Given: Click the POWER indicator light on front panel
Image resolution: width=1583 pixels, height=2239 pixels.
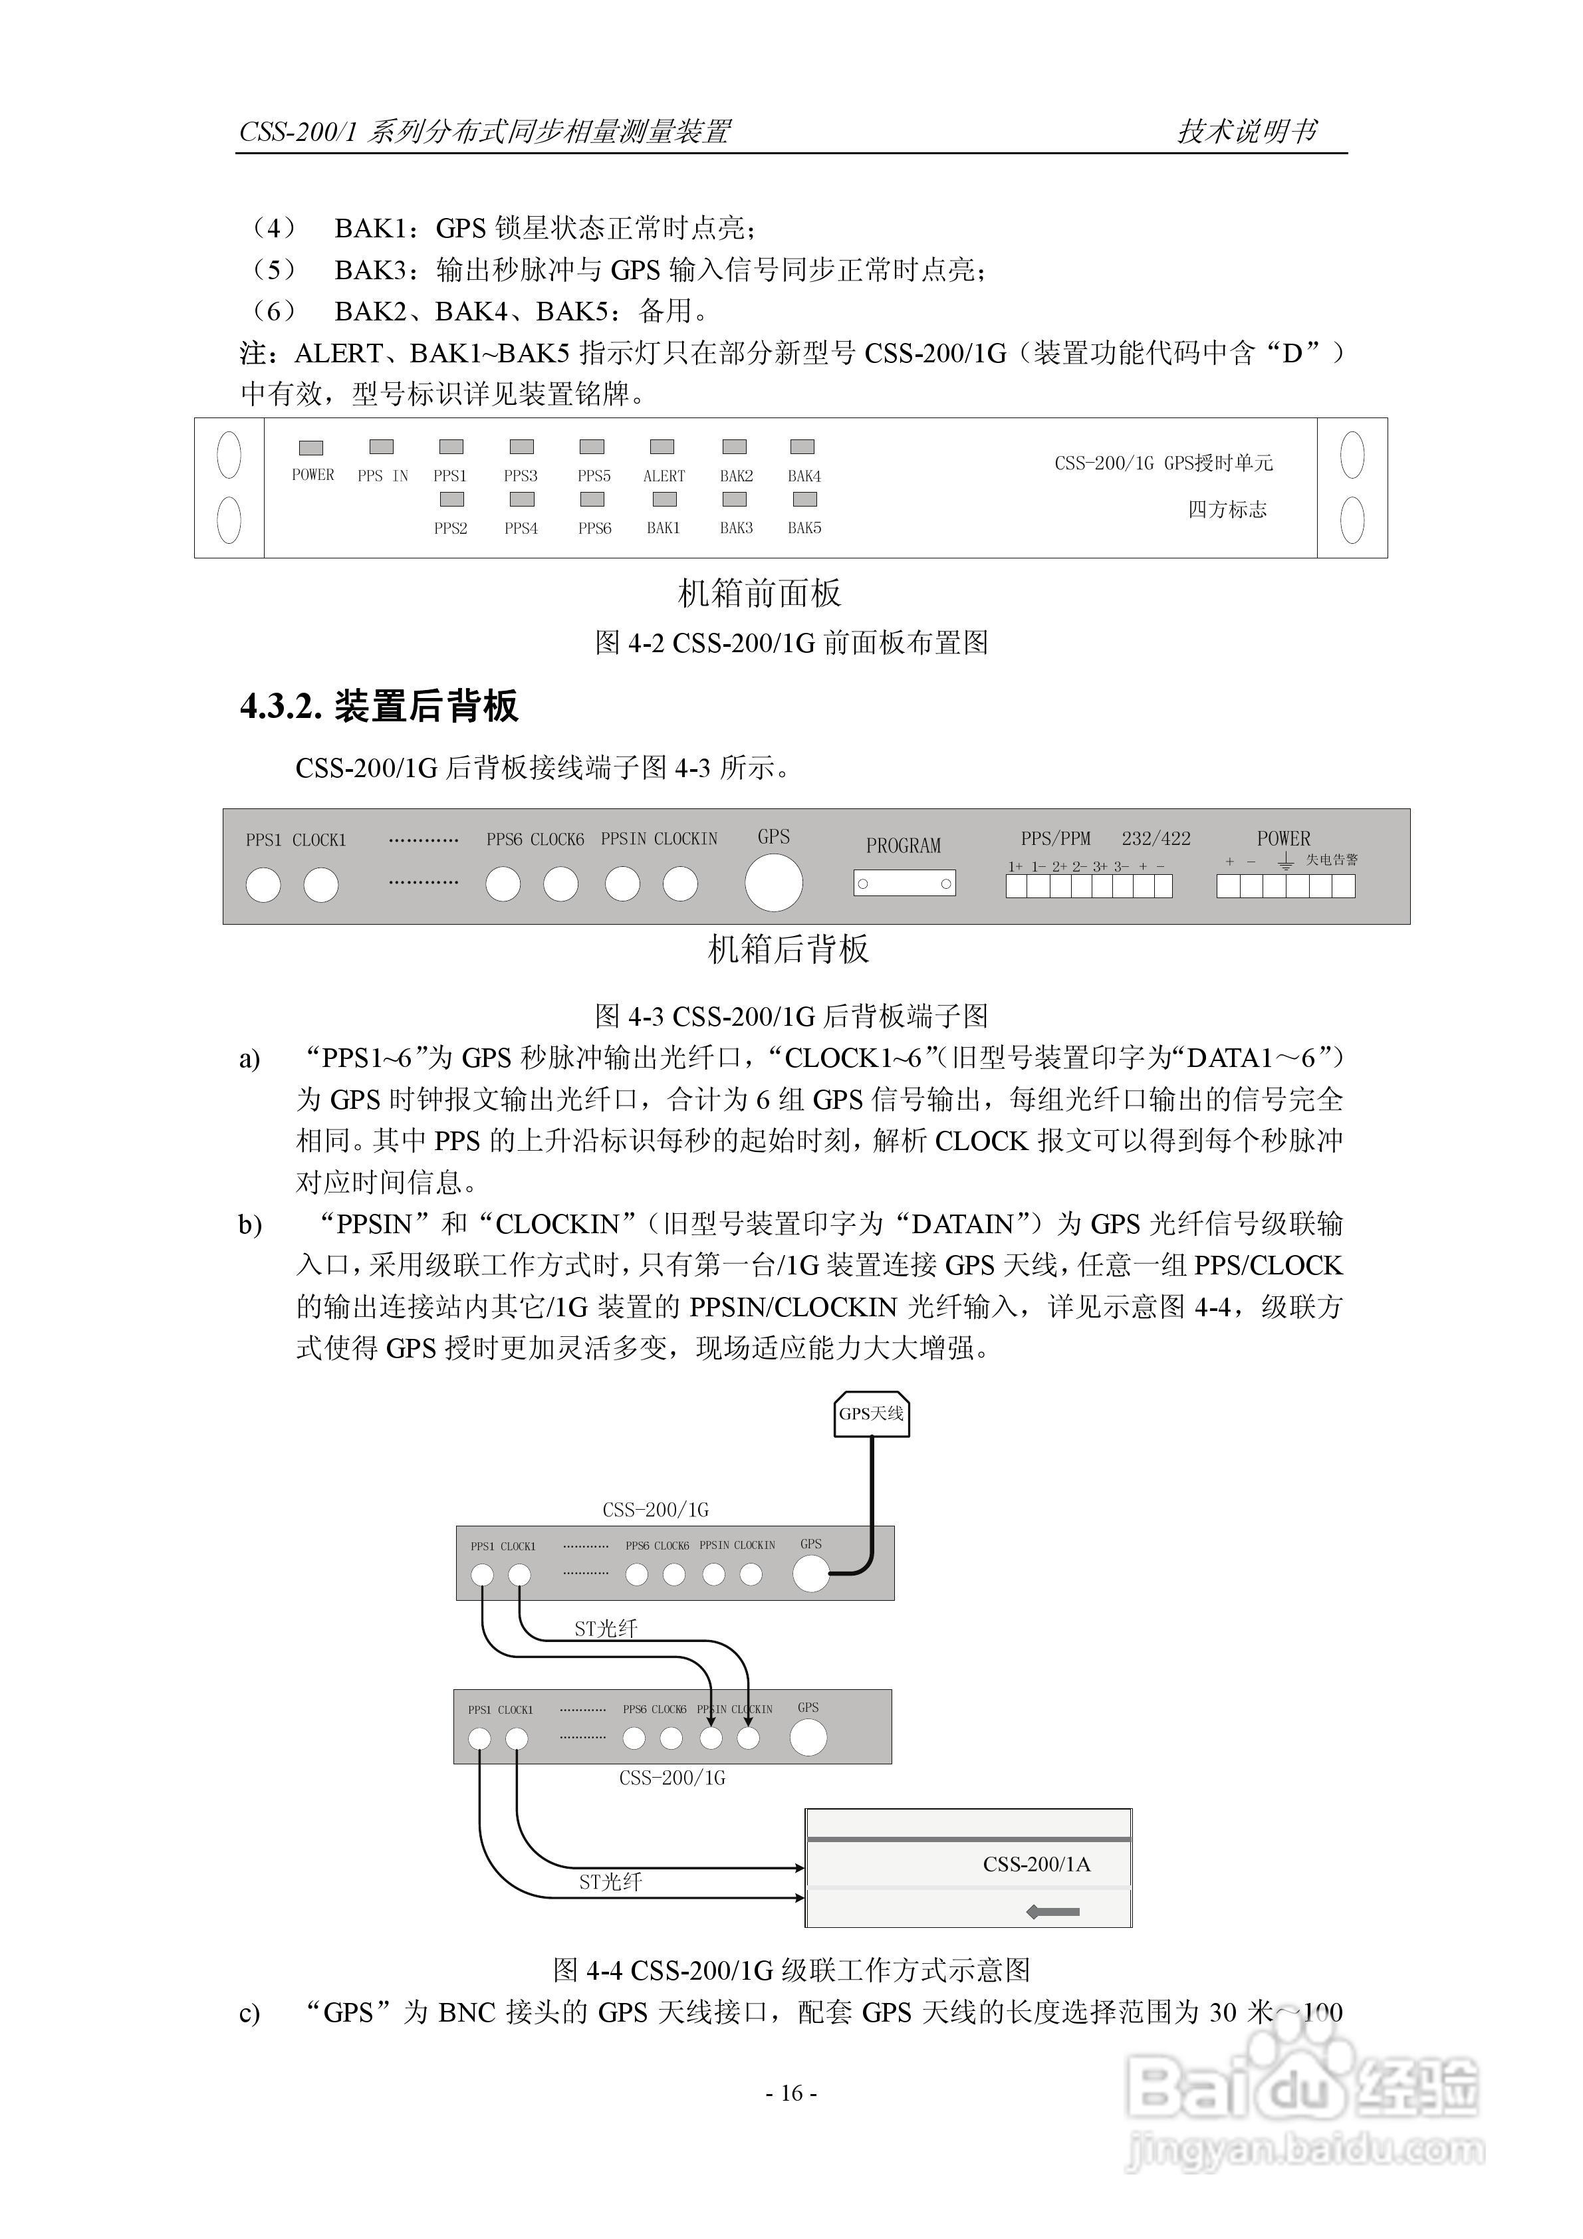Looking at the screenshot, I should [311, 447].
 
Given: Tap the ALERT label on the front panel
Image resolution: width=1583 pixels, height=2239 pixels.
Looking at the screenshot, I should [664, 476].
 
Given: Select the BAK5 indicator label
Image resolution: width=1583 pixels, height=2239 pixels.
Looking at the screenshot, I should [804, 528].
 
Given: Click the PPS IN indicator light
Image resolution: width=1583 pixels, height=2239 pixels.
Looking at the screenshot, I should [382, 447].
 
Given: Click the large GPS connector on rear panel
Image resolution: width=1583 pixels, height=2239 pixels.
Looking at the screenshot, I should [773, 883].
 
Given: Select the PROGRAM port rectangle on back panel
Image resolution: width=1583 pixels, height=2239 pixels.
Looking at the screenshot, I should [904, 884].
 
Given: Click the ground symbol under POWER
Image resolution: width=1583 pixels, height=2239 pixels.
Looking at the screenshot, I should [1286, 861].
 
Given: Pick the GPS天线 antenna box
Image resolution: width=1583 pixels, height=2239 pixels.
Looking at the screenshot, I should [871, 1414].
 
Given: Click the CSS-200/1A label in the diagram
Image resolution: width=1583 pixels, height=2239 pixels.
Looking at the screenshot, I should [1036, 1863].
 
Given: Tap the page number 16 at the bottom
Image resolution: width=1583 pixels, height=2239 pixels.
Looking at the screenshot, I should [791, 2093].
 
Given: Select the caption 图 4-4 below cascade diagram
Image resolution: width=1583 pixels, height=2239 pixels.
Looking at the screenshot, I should [791, 1970].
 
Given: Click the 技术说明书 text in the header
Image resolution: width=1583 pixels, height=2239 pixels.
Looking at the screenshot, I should [1247, 131].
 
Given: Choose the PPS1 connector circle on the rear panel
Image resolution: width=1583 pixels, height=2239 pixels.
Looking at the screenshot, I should [263, 884].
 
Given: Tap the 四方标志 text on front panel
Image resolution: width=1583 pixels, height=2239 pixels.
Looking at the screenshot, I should [1227, 509].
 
